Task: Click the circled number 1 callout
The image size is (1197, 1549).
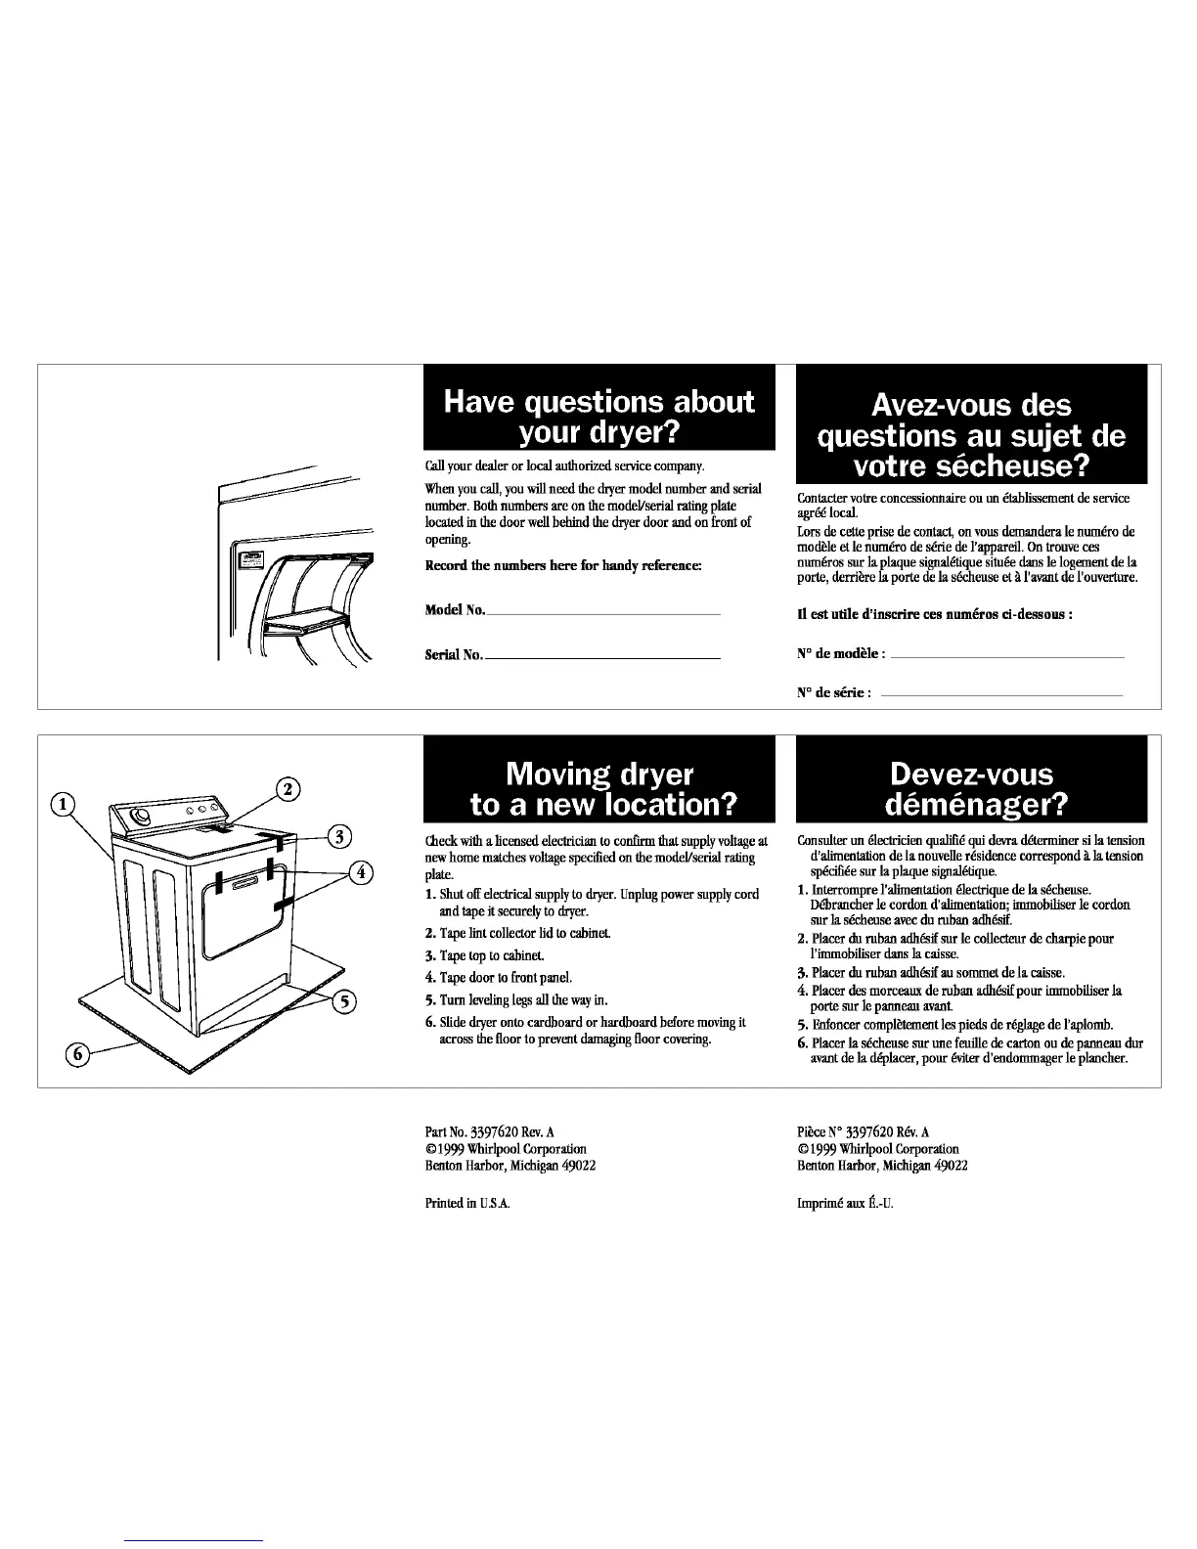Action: click(62, 805)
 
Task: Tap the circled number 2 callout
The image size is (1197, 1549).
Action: click(289, 790)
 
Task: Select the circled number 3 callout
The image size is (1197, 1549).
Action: click(338, 836)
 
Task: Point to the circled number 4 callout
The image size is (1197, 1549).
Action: click(362, 872)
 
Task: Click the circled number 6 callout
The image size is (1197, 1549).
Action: click(75, 1053)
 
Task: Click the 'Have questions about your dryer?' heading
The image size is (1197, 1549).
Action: click(598, 416)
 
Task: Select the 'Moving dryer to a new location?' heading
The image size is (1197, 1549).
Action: click(598, 788)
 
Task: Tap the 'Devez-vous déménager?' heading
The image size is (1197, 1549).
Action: click(972, 788)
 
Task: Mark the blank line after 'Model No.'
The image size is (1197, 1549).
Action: click(602, 613)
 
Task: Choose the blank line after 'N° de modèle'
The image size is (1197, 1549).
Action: click(1007, 657)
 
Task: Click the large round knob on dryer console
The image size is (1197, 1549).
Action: click(143, 818)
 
